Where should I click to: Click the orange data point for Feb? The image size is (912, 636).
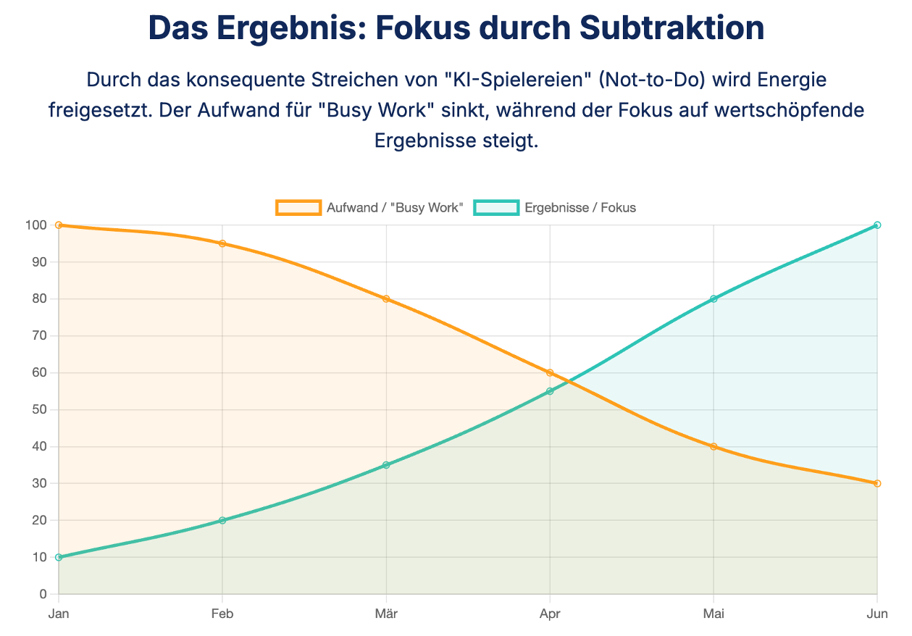[222, 243]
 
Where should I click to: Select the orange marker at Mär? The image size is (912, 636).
[386, 298]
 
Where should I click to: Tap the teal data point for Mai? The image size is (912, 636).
[714, 298]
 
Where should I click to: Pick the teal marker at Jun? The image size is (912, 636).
[877, 225]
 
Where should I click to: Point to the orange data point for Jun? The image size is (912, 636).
[877, 483]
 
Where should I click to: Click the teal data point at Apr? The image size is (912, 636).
[550, 391]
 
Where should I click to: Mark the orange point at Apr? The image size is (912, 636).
[550, 373]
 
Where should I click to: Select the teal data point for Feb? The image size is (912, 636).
[222, 520]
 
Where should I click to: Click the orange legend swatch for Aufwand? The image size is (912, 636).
[298, 208]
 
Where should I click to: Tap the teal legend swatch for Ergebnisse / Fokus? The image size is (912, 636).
[496, 208]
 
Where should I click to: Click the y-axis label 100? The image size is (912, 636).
[35, 225]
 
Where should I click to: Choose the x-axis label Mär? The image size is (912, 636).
[386, 614]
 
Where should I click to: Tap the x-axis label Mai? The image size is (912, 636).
[714, 614]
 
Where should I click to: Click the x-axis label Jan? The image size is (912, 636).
[59, 614]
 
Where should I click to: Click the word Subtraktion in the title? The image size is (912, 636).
[672, 28]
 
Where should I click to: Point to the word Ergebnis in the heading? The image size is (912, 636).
[275, 28]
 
